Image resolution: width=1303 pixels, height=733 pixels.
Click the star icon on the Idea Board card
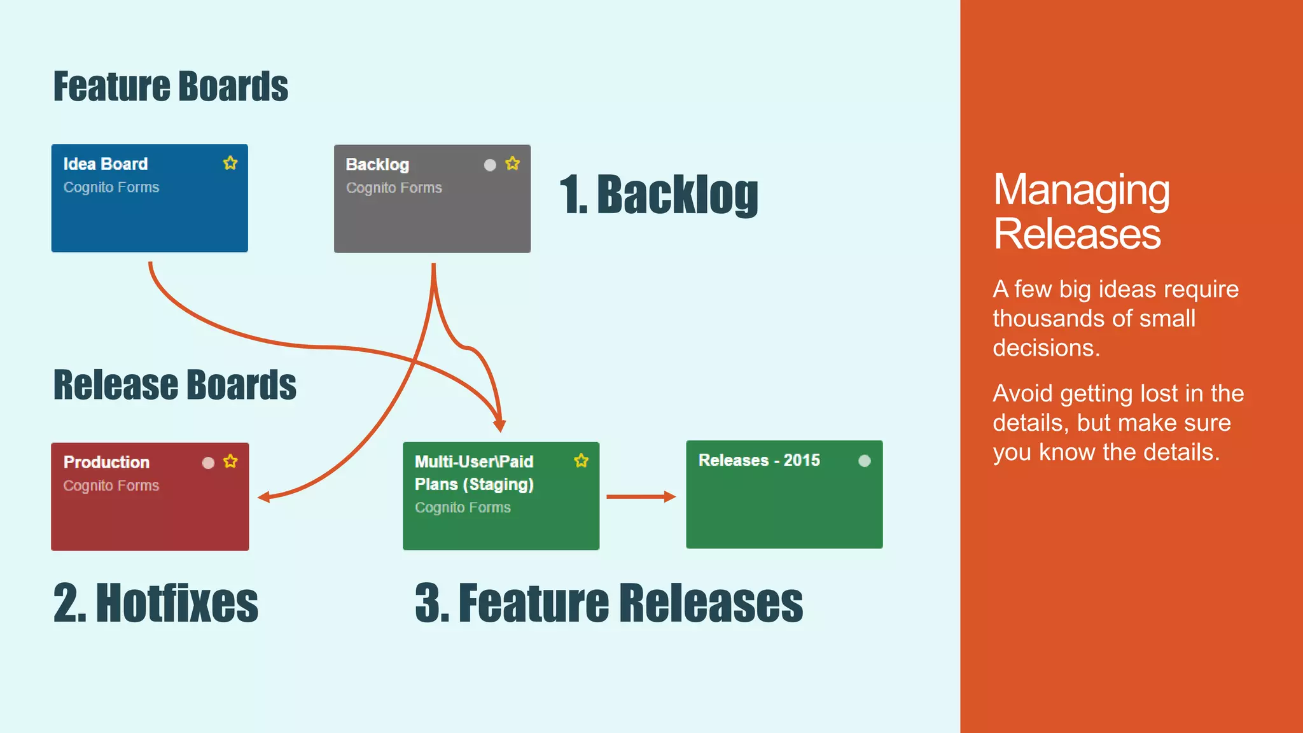tap(230, 164)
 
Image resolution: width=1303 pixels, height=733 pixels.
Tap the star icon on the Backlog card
tap(512, 164)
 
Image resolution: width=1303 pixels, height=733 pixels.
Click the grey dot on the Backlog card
tap(490, 165)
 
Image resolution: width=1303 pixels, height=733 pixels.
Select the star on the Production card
tap(230, 462)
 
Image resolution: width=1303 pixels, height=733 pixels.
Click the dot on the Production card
tap(208, 463)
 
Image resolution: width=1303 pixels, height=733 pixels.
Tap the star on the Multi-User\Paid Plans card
tap(581, 461)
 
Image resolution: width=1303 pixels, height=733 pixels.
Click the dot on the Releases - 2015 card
tap(864, 461)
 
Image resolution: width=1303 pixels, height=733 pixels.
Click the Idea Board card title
tap(106, 164)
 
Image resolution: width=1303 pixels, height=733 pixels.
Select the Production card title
tap(106, 463)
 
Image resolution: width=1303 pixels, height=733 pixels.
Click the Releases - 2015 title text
tap(759, 460)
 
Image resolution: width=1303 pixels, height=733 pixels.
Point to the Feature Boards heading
tap(171, 87)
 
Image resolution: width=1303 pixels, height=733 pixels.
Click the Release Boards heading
tap(174, 385)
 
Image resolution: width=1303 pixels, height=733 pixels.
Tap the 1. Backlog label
tap(658, 195)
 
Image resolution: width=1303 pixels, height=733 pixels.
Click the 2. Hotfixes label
tap(156, 603)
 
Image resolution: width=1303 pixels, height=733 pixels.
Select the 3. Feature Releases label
tap(609, 603)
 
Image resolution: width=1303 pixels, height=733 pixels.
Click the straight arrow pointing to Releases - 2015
tap(640, 497)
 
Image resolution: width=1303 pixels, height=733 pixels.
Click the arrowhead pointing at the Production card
tap(264, 497)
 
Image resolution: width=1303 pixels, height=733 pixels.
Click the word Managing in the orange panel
tap(1081, 191)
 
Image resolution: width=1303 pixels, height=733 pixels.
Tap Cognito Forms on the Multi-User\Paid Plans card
tap(463, 508)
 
